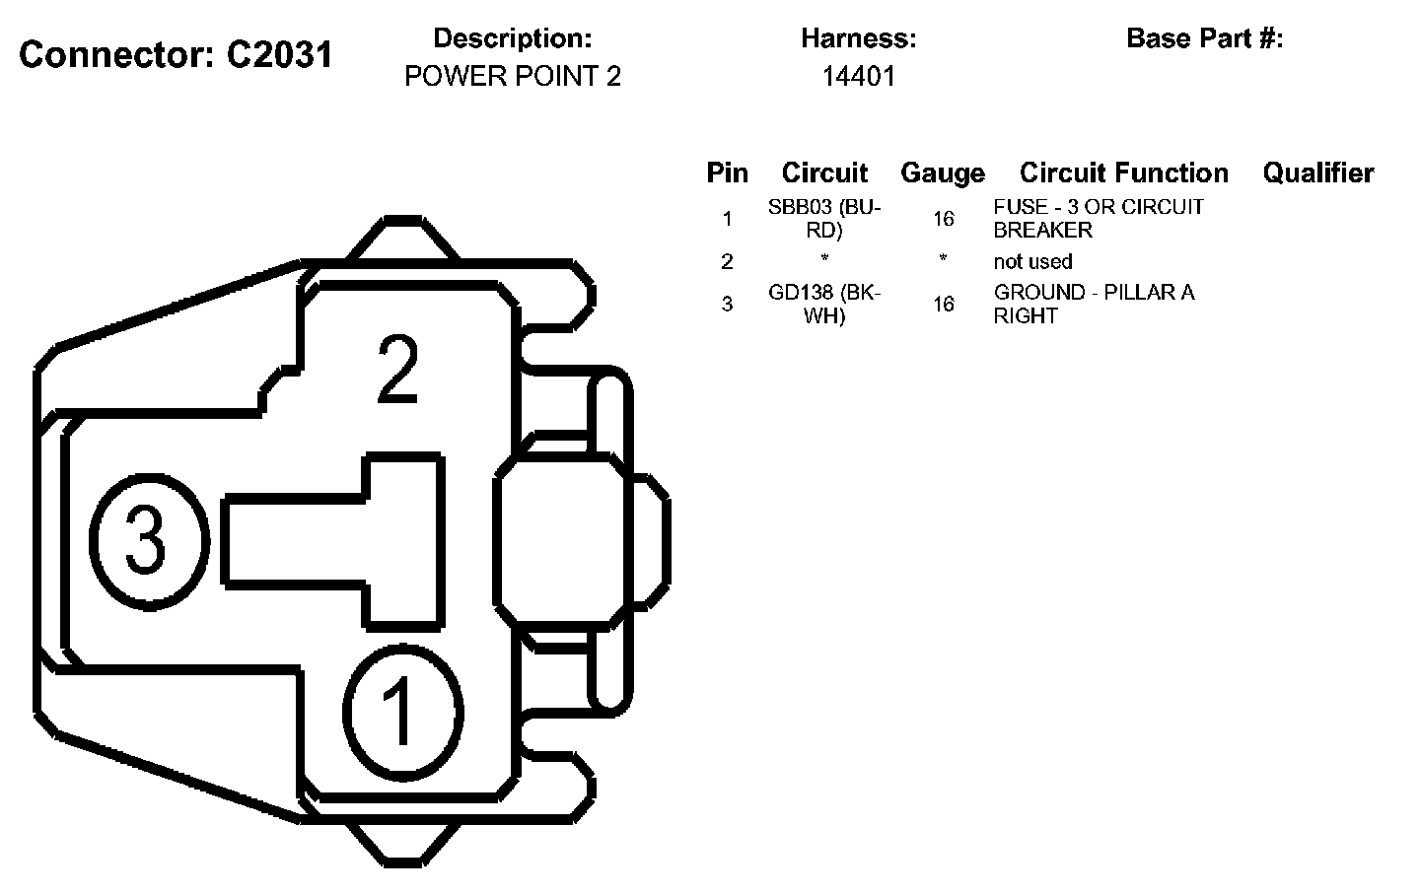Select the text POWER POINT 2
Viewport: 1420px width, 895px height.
(x=512, y=77)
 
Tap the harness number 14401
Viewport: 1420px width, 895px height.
(x=858, y=77)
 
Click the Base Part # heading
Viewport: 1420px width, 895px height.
(x=1204, y=38)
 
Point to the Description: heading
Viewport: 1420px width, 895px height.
(x=512, y=38)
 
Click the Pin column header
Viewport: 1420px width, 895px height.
(x=727, y=172)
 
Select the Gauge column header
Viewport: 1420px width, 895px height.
(x=943, y=173)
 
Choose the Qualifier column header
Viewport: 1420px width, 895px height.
(x=1318, y=172)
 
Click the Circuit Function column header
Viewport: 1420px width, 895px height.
(x=1123, y=172)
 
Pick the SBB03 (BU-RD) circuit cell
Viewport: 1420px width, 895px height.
(x=824, y=219)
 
